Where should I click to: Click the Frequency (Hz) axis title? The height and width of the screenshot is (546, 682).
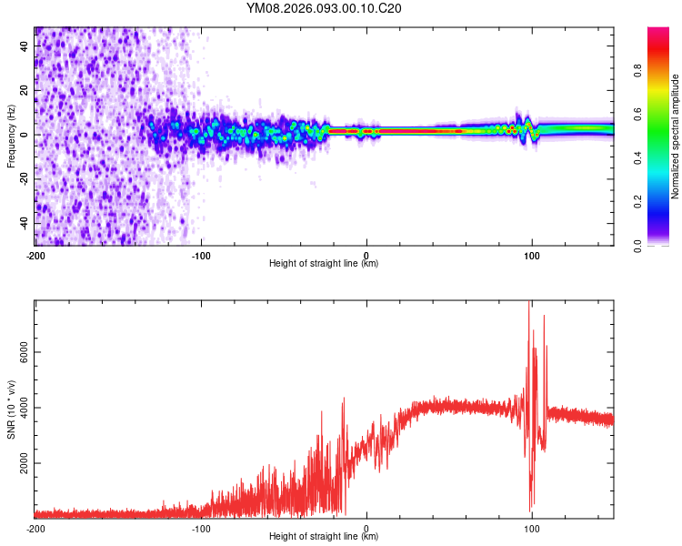[11, 136]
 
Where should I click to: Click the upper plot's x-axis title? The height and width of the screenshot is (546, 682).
[324, 263]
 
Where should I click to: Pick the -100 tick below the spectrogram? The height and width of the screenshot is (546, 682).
[201, 256]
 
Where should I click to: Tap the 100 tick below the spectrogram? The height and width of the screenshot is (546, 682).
[532, 256]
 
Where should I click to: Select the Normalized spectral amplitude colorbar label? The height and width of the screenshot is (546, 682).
[676, 136]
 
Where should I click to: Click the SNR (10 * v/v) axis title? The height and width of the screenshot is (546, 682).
[11, 409]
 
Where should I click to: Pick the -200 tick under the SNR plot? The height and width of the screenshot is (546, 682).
[35, 529]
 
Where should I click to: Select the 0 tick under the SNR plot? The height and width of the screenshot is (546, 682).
[366, 529]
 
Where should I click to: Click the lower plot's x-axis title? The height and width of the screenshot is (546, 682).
[324, 537]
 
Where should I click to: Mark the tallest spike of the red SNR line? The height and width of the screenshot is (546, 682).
[530, 304]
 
